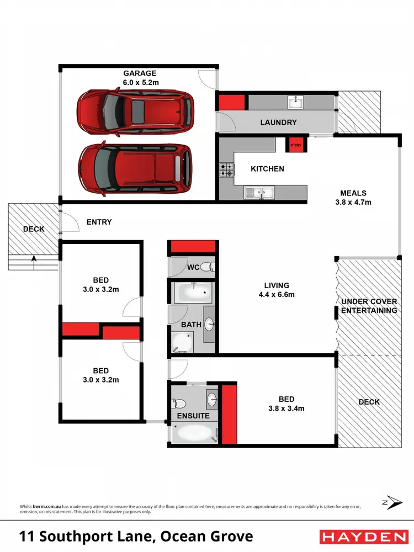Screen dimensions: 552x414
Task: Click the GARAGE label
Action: [140, 77]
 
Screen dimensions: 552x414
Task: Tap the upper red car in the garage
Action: [136, 112]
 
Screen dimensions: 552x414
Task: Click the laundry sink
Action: [295, 102]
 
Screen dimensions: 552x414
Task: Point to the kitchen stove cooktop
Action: [226, 169]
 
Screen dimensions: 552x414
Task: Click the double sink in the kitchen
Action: [259, 193]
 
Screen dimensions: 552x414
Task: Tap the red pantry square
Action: [294, 144]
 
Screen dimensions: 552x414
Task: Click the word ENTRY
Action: [99, 222]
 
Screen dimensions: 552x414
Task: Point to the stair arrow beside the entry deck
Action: [34, 258]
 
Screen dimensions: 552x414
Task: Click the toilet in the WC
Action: [206, 267]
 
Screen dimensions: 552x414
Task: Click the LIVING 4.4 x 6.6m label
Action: [277, 290]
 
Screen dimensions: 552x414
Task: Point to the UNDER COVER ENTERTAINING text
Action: [369, 306]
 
